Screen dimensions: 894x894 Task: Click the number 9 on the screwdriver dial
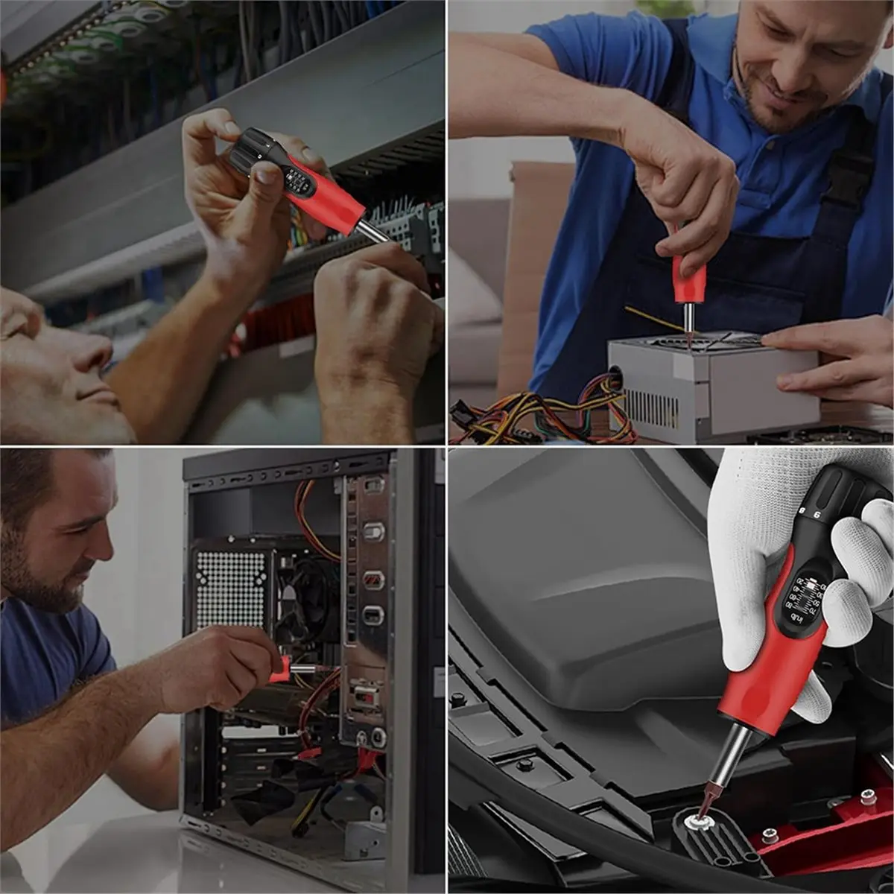817,514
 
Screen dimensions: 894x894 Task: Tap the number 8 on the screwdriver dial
801,511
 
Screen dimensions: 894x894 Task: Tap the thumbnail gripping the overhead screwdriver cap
267,173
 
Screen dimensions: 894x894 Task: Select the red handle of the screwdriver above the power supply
689,279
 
